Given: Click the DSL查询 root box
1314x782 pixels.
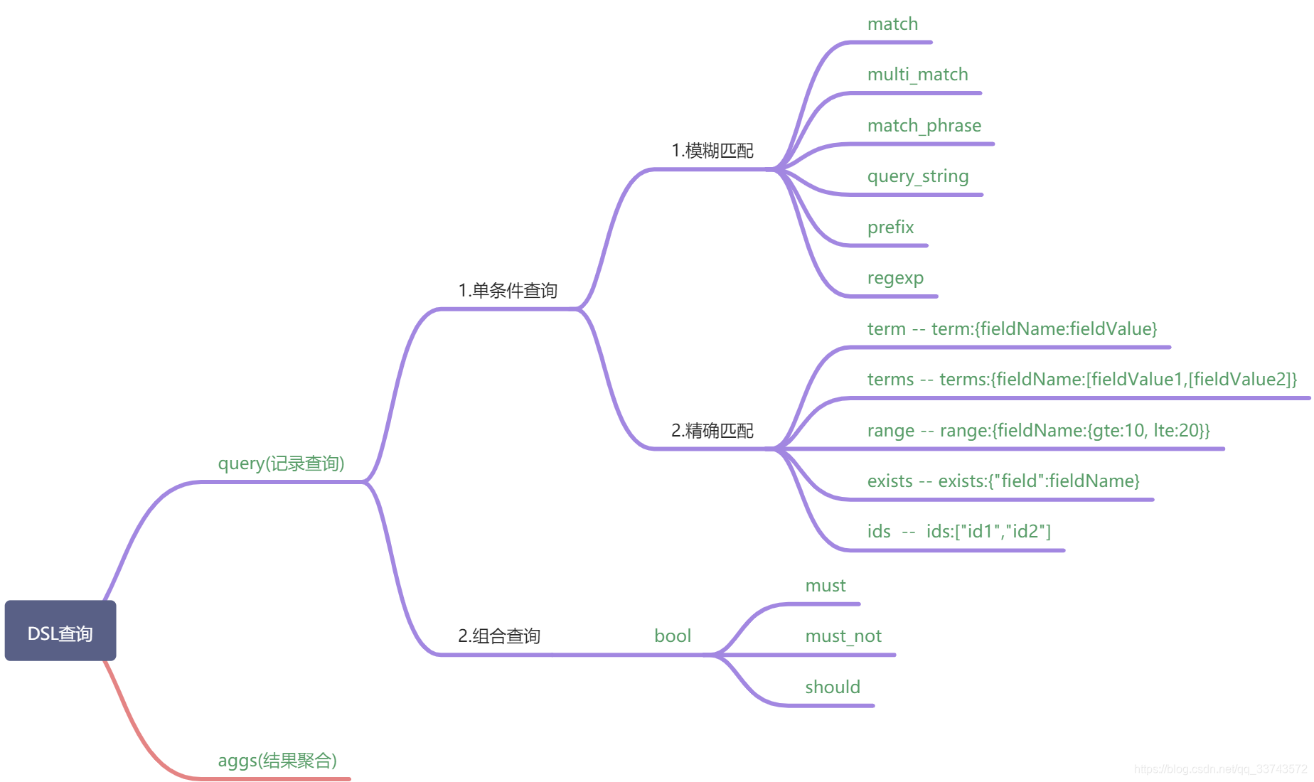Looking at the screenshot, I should (60, 631).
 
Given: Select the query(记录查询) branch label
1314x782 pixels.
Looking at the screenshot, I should (281, 464).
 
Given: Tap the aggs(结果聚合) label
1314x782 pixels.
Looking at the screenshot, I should (277, 761).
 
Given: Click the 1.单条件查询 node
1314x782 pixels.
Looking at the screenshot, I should (508, 290).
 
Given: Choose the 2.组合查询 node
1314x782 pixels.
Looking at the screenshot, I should (499, 636).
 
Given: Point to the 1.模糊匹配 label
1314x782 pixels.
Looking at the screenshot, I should (712, 151).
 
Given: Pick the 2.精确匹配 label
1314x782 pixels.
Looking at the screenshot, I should (712, 431).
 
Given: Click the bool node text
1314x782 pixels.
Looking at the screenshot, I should (673, 636).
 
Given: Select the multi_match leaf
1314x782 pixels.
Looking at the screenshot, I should (917, 75).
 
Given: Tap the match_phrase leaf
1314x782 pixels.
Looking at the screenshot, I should (924, 126).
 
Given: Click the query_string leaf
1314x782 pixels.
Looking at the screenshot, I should (917, 176).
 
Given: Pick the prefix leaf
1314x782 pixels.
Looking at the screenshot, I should (890, 227).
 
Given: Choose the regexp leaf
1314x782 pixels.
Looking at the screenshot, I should (895, 278).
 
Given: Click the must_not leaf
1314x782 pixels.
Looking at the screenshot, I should (843, 636).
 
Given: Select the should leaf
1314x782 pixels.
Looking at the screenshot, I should (833, 687).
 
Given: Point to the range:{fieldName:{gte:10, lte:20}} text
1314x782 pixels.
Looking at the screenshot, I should (1074, 431).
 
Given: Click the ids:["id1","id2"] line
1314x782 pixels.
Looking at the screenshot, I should (988, 532).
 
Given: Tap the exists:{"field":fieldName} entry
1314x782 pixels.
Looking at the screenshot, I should (1038, 481).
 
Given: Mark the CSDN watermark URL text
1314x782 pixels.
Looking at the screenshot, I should (1220, 769).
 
